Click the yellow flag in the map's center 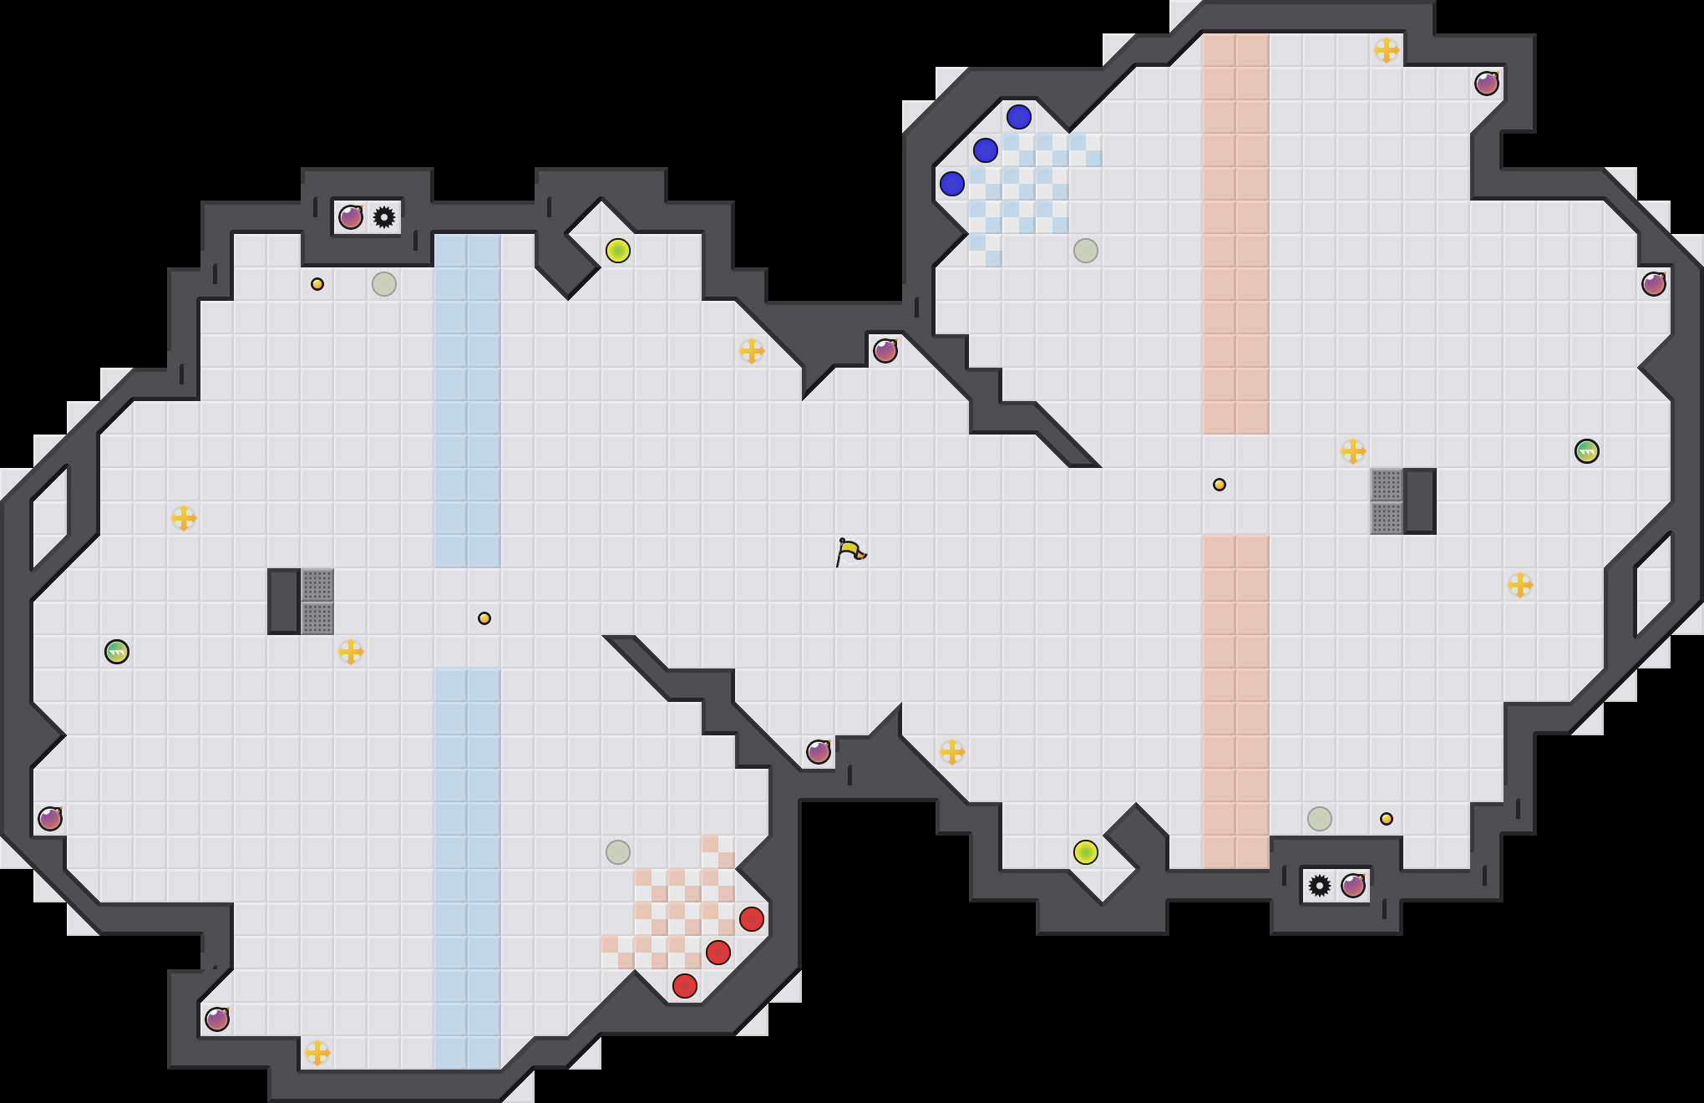(849, 551)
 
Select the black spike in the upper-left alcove (384, 217)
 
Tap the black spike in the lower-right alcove (1320, 886)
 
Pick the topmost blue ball (1019, 117)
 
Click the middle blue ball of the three (986, 150)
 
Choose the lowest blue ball (952, 184)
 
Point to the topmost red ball (752, 919)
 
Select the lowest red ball (685, 986)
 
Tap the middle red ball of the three (718, 953)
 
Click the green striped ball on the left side (117, 652)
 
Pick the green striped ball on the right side (1587, 451)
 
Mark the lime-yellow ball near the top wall (618, 251)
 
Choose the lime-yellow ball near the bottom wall (1086, 852)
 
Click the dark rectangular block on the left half (284, 602)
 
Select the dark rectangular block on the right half (1420, 501)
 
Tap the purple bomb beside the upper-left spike (351, 217)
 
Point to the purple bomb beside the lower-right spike (1353, 886)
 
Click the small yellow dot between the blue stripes (484, 618)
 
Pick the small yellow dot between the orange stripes (1220, 485)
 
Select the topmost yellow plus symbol (1387, 50)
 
